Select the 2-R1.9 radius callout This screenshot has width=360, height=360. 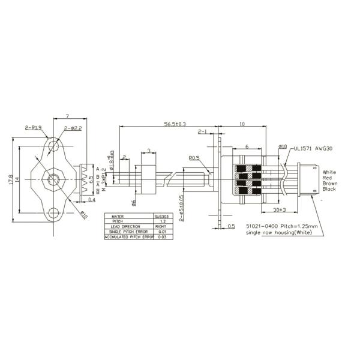(34, 128)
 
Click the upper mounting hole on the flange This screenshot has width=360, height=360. (55, 145)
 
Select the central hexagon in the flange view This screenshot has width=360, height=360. (54, 178)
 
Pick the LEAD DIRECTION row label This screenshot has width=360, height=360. (124, 226)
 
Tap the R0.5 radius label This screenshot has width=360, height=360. (194, 159)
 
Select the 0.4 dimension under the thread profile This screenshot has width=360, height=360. (91, 199)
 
